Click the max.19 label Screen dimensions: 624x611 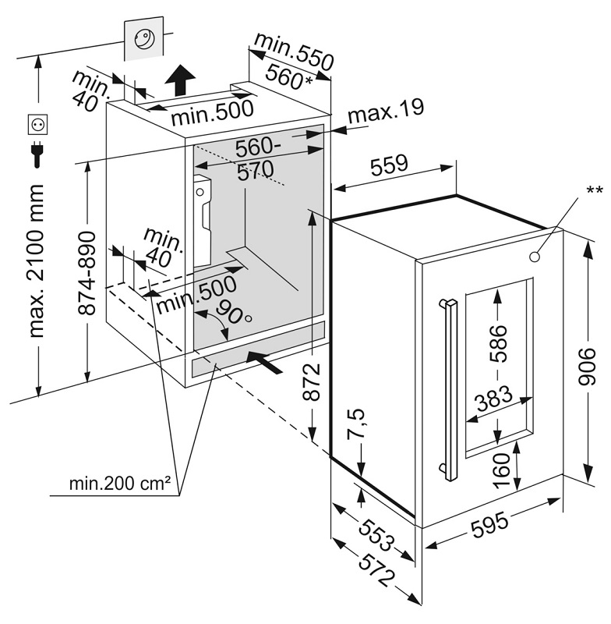pos(386,111)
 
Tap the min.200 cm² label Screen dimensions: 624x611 pos(120,484)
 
